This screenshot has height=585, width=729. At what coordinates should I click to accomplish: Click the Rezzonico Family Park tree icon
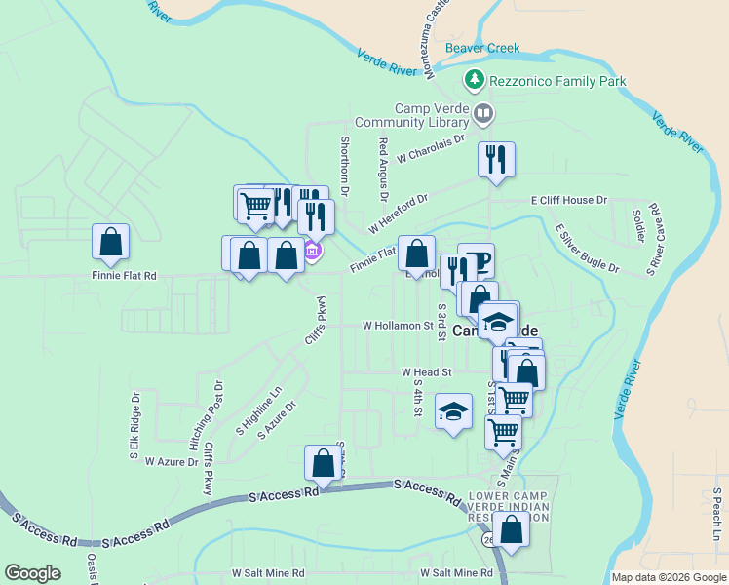pyautogui.click(x=474, y=79)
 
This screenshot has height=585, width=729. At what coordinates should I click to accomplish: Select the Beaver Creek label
pyautogui.click(x=482, y=48)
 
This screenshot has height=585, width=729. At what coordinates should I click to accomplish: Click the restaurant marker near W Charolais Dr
pyautogui.click(x=496, y=158)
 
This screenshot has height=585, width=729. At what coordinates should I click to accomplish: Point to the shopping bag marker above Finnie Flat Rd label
pyautogui.click(x=111, y=242)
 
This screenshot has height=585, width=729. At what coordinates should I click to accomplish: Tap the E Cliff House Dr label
pyautogui.click(x=569, y=200)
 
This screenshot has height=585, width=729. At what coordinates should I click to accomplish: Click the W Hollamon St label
pyautogui.click(x=397, y=325)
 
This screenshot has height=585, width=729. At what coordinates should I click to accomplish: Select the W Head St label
pyautogui.click(x=427, y=371)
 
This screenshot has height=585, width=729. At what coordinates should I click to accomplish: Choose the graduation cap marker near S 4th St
pyautogui.click(x=452, y=412)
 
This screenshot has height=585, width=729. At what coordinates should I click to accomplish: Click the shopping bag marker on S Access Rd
pyautogui.click(x=323, y=463)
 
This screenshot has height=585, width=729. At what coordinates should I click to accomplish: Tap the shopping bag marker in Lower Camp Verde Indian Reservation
pyautogui.click(x=511, y=529)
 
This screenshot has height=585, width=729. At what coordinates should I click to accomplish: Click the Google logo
pyautogui.click(x=32, y=572)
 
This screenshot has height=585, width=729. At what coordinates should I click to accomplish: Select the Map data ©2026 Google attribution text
pyautogui.click(x=669, y=577)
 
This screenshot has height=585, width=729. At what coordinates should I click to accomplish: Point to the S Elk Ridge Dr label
pyautogui.click(x=134, y=426)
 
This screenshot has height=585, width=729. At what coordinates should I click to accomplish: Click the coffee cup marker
pyautogui.click(x=477, y=260)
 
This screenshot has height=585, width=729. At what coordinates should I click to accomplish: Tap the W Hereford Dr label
pyautogui.click(x=398, y=214)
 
